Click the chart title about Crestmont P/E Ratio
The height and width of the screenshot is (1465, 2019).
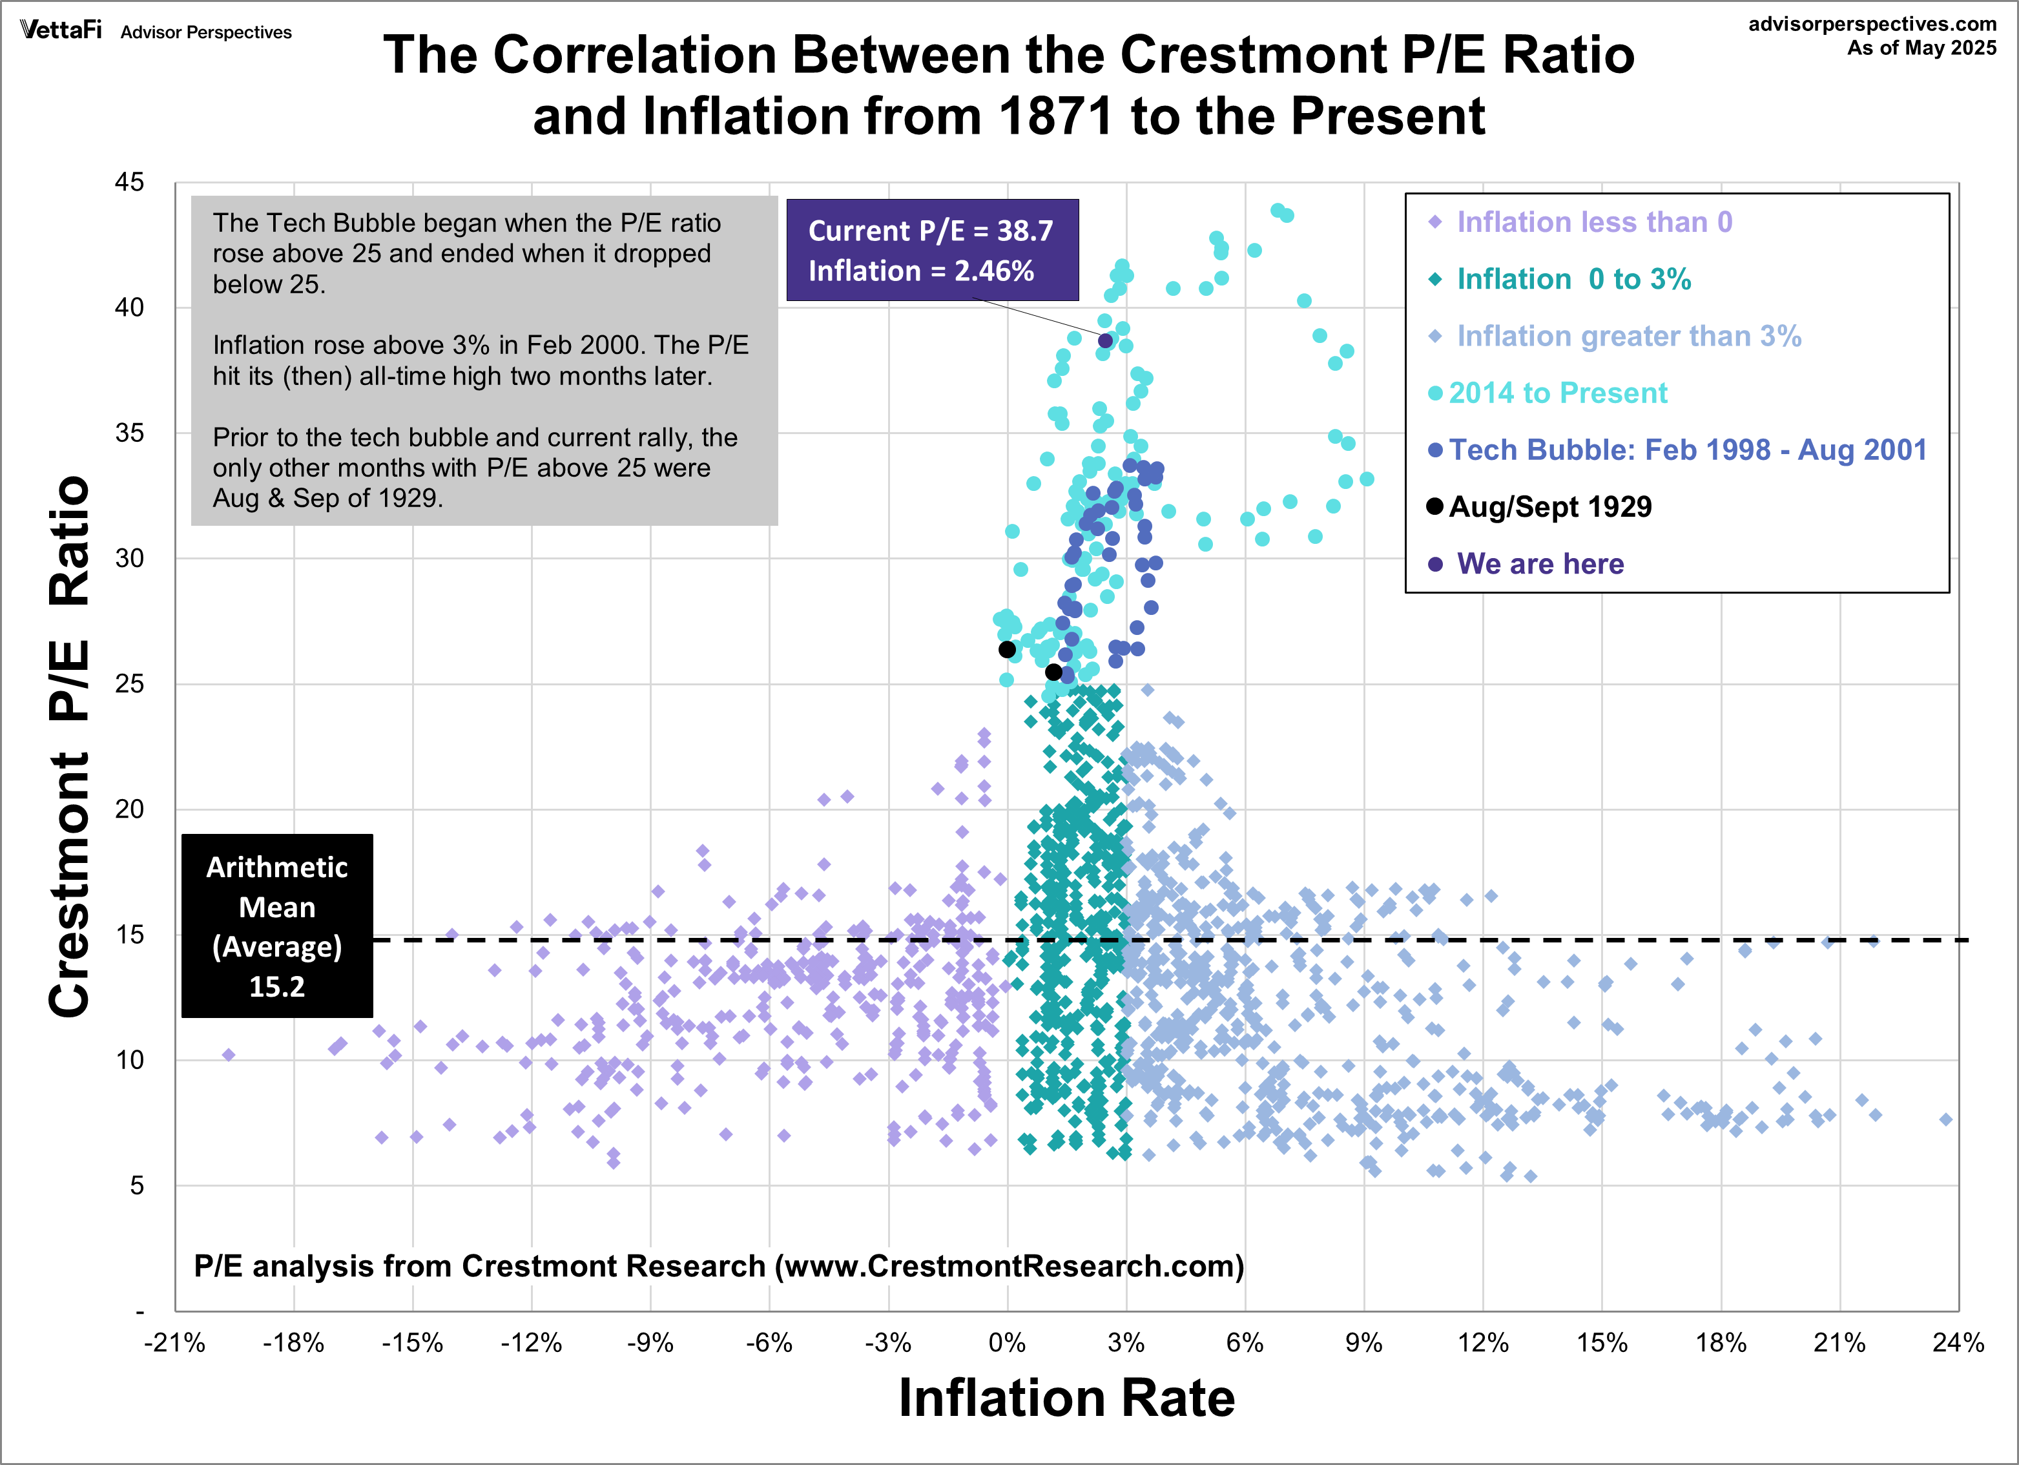coord(1009,85)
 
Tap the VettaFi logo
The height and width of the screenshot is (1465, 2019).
coord(61,30)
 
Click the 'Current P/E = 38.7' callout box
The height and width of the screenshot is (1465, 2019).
coord(932,250)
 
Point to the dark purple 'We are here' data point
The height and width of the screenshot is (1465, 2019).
coord(1104,341)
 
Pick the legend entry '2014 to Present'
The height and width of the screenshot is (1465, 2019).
coord(1557,393)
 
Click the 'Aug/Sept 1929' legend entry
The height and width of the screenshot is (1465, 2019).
coord(1549,506)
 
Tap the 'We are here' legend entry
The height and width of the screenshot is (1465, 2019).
coord(1539,564)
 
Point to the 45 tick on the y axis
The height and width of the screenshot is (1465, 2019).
coord(129,183)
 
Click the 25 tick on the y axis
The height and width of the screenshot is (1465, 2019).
coord(129,684)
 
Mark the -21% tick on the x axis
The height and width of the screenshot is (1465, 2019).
coord(174,1343)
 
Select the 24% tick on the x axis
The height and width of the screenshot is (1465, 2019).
coord(1958,1343)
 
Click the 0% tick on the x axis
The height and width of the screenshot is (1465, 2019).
coord(1007,1343)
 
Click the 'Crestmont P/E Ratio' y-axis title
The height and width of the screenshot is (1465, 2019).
coord(70,746)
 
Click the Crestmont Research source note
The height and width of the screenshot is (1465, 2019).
coord(718,1265)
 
